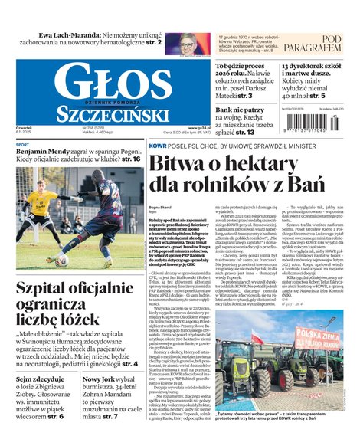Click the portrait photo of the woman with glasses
pos(187,44)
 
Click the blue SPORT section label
pos(23,144)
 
